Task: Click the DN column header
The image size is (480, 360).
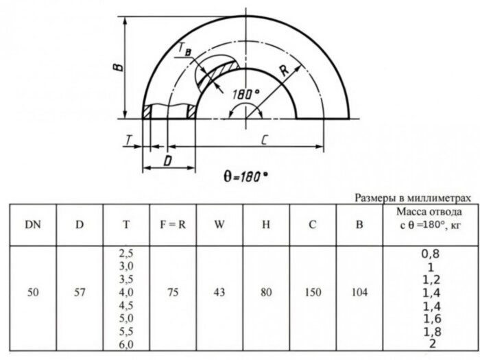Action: [32, 224]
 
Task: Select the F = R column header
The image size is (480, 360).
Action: [173, 224]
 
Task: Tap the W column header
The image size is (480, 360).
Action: [219, 224]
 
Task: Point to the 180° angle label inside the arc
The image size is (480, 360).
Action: [246, 93]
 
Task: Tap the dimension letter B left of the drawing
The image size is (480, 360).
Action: [117, 67]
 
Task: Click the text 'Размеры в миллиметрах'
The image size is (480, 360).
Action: [413, 197]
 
